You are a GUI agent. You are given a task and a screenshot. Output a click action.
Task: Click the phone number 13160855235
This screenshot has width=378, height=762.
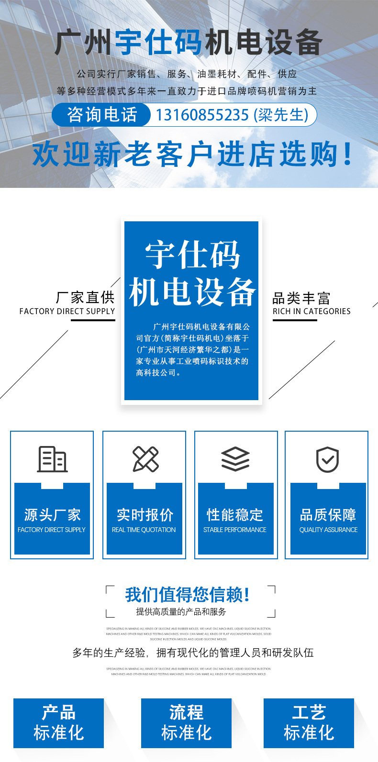point(201,115)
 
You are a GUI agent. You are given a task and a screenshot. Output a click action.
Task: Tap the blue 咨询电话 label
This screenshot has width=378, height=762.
point(102,115)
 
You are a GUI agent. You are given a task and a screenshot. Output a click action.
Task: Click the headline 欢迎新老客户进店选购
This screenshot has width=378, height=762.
point(191,154)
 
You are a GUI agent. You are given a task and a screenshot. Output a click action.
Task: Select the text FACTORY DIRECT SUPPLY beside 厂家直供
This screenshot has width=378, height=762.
point(67,311)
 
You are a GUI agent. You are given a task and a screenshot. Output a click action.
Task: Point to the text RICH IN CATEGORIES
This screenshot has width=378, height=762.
point(311,311)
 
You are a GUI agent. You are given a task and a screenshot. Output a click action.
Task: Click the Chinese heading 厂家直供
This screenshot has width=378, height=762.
point(85,297)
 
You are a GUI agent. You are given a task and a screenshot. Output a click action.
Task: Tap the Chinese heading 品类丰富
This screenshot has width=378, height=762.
point(301,298)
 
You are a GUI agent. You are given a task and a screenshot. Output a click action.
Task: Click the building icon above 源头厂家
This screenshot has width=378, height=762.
point(52,459)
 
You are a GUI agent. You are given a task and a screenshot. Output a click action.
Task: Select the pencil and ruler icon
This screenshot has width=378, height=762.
point(145,459)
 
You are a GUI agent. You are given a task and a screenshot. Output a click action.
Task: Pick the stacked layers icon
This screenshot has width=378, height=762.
point(235,459)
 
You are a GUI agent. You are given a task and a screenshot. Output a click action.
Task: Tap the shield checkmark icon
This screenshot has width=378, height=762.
point(328,459)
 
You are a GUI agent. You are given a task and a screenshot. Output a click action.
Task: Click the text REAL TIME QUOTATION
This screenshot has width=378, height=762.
point(144,530)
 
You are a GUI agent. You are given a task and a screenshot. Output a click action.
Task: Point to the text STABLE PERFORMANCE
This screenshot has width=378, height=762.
point(235,530)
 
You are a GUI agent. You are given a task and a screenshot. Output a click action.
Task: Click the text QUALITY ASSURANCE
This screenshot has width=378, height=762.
point(328,530)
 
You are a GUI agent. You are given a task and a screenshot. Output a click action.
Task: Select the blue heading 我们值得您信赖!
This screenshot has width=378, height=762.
point(188,595)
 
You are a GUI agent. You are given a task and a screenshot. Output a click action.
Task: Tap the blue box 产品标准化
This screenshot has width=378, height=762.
point(58,723)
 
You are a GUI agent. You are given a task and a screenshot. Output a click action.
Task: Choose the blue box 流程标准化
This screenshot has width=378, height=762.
point(186,723)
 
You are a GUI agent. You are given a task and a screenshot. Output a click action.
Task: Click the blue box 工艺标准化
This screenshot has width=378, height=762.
point(309,723)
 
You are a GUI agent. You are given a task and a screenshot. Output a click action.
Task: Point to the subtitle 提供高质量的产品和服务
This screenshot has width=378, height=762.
point(181,611)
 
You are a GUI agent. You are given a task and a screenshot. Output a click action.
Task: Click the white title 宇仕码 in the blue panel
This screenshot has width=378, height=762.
point(192,256)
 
